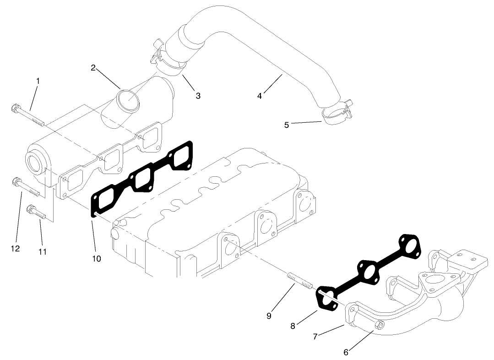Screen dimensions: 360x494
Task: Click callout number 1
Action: tap(38, 81)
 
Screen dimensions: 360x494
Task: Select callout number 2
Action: tap(93, 68)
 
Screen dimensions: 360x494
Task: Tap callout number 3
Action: tap(198, 96)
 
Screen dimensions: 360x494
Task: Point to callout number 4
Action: tap(260, 96)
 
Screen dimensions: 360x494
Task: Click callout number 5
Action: tap(287, 125)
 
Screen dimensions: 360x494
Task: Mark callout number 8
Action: tap(293, 326)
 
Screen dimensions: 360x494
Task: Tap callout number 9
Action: tap(269, 316)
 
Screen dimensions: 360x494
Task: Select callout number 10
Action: tap(96, 258)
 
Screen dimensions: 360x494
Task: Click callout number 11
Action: tap(43, 251)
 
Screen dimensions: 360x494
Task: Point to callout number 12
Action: tap(15, 248)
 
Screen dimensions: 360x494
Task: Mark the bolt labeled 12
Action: tap(25, 188)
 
